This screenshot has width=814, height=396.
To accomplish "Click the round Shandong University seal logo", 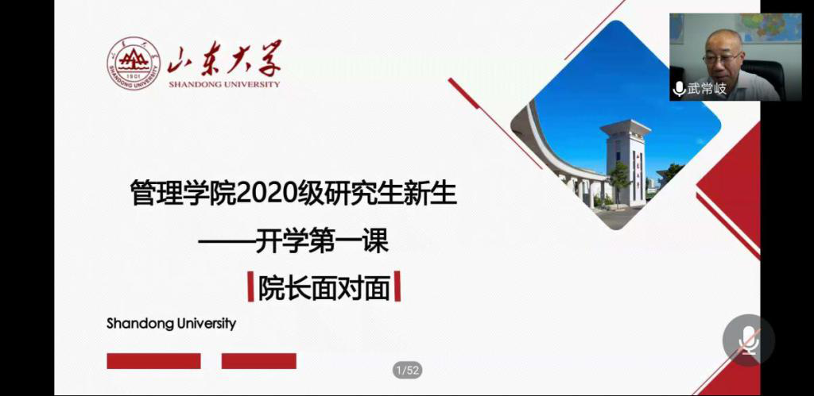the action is tap(134, 63).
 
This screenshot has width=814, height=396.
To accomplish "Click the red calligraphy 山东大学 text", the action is tap(225, 58).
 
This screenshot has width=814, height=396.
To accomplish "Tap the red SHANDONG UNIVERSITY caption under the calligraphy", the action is tap(224, 84).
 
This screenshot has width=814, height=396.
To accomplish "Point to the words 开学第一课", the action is tap(323, 242).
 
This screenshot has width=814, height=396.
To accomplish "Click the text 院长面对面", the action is tap(324, 287).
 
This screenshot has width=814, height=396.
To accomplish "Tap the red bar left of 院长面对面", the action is tap(250, 286).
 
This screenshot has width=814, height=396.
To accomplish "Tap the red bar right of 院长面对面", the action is tap(397, 286).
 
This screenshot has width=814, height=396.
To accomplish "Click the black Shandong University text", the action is tap(172, 324).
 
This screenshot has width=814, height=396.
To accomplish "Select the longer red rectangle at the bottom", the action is tap(153, 361).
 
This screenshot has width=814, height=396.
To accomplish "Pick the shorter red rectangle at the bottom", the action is tap(259, 361).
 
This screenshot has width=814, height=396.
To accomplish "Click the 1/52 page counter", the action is tap(408, 370).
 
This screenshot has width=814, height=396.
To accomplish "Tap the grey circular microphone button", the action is tap(749, 340).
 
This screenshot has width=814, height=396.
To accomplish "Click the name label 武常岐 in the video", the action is tap(707, 89).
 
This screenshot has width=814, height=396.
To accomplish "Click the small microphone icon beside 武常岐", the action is tap(679, 89).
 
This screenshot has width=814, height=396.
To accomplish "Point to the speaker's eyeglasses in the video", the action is tap(722, 57).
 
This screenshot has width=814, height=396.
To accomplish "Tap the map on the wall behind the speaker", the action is tap(771, 28).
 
